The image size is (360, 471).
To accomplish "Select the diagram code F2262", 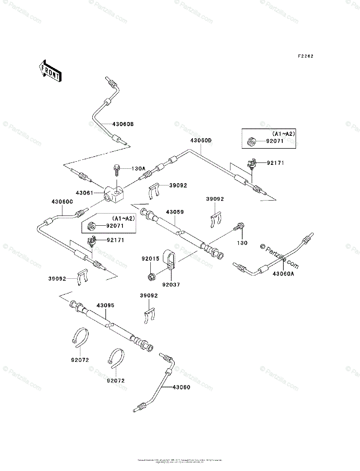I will point(305,56).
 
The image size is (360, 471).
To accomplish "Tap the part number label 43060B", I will point(123,124).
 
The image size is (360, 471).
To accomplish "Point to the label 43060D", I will point(201,140).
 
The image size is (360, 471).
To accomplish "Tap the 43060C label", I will point(62,202).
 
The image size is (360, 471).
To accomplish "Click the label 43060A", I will point(283,274).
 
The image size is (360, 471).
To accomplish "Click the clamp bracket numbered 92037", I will point(169,258).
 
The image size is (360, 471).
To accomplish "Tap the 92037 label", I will point(171,285).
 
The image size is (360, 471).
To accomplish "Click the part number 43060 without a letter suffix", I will point(181,387).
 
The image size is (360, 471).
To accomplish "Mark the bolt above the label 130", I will point(239,227).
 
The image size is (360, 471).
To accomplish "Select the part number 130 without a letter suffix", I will point(242,243).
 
